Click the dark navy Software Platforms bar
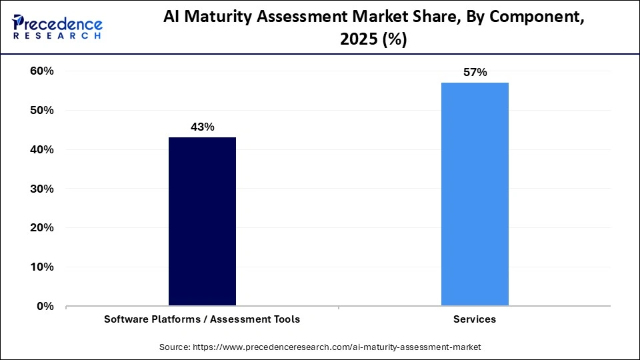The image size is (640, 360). click(202, 221)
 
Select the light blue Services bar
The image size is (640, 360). click(475, 194)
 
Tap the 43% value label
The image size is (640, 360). click(202, 127)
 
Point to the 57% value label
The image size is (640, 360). click(475, 73)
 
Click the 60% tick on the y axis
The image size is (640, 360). click(41, 71)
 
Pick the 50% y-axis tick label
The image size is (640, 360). click(41, 111)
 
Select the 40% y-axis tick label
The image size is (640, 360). click(41, 150)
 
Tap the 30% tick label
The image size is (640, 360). click(41, 189)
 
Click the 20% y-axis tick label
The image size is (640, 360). click(41, 228)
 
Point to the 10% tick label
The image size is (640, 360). click(41, 267)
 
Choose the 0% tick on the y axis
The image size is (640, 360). click(45, 307)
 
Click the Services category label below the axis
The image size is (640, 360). click(475, 319)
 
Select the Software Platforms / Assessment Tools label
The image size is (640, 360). click(202, 319)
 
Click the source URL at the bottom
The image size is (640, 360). click(337, 347)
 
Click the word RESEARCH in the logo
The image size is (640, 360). click(56, 36)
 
